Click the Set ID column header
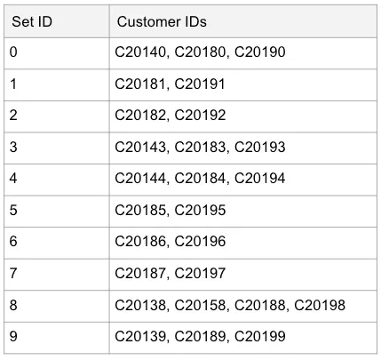point(32,22)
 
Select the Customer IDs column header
point(162,22)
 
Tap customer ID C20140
point(140,52)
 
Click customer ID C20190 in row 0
point(260,52)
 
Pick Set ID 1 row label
point(13,84)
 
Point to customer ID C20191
point(200,84)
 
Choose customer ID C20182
point(140,116)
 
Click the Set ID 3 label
point(13,147)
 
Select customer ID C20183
point(200,147)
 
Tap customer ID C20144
point(140,179)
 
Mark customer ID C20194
point(260,179)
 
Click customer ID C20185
point(140,210)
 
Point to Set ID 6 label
point(13,242)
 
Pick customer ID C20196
point(200,242)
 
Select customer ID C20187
point(140,273)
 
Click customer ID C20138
point(140,305)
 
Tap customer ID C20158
point(200,305)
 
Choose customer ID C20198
point(320,305)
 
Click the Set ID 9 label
point(13,337)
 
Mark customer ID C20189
point(200,337)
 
